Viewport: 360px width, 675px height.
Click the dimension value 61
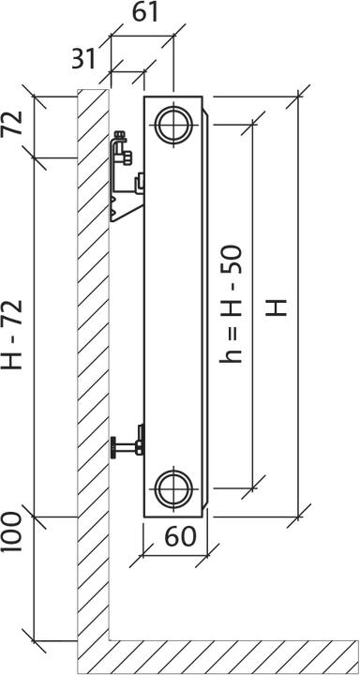tap(144, 13)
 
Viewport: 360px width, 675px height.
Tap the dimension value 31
tap(83, 59)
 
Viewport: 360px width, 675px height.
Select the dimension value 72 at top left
tap(13, 124)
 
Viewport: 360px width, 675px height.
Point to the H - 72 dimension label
tap(13, 336)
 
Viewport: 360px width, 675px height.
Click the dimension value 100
tap(12, 533)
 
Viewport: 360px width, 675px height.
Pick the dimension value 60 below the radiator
tap(180, 536)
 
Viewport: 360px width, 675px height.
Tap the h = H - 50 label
tap(232, 305)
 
